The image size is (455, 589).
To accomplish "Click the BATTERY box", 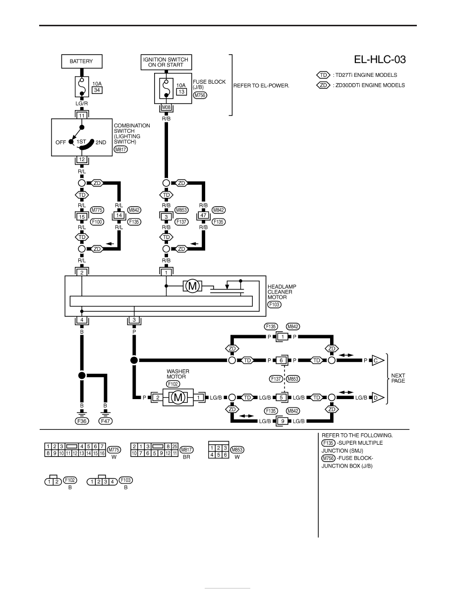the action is point(81,61).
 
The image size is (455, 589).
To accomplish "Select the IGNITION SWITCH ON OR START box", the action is point(166,62).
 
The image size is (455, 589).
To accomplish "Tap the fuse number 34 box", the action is point(97,90).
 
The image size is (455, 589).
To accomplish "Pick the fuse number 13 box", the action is point(181,92).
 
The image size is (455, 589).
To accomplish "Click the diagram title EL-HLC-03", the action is point(380,59).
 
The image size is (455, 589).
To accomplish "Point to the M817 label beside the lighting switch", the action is point(120,149).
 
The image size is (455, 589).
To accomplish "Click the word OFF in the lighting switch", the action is point(60,142).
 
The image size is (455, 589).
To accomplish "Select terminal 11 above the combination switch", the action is point(82,116).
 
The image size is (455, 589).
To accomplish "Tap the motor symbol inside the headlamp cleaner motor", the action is point(192,286).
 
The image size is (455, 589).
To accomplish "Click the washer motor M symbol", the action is point(178,398).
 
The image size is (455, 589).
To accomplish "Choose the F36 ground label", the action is point(82,421).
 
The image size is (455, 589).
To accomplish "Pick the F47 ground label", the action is point(106,421).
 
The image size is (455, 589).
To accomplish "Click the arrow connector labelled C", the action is point(378,360).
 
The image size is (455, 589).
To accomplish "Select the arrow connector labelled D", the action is point(378,398).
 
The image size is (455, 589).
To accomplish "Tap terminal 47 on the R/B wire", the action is point(204,216).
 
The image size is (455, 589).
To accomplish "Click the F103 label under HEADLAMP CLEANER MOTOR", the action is point(275,304).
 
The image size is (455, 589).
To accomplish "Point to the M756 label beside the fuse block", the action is point(200,95).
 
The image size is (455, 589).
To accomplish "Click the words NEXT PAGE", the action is point(398,378).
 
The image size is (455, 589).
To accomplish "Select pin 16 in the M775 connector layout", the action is point(102,453).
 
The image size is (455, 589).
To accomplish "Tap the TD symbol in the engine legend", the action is point(323,75).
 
